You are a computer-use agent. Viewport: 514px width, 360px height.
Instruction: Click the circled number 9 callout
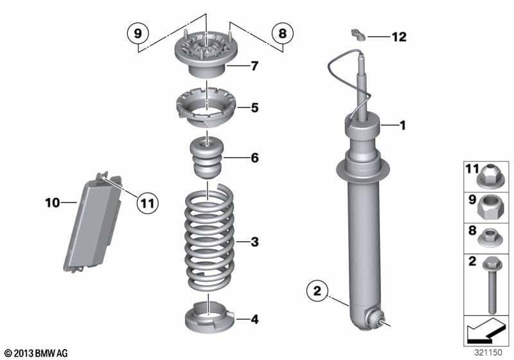(x=138, y=33)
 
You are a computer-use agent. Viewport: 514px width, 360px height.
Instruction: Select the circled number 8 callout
(x=283, y=33)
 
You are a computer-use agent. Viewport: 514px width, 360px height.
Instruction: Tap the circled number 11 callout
(x=147, y=203)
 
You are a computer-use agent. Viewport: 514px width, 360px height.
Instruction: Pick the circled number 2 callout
(x=317, y=291)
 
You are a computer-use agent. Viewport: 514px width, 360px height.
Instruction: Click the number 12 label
(x=399, y=37)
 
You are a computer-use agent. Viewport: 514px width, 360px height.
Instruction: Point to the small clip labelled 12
(x=359, y=35)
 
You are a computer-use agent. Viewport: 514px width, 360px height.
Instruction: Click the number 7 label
(x=254, y=66)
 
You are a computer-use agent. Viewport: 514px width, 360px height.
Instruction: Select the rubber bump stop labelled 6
(x=207, y=157)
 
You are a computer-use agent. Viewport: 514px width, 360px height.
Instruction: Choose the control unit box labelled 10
(x=93, y=223)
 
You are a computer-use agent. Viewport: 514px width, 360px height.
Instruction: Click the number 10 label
(x=53, y=203)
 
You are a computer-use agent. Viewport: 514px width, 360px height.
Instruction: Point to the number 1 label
(x=403, y=125)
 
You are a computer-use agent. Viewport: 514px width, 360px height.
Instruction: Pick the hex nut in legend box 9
(x=488, y=207)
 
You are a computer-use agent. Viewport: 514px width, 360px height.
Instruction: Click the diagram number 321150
(x=488, y=352)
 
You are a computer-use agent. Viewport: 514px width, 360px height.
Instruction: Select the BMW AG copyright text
(x=37, y=354)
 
